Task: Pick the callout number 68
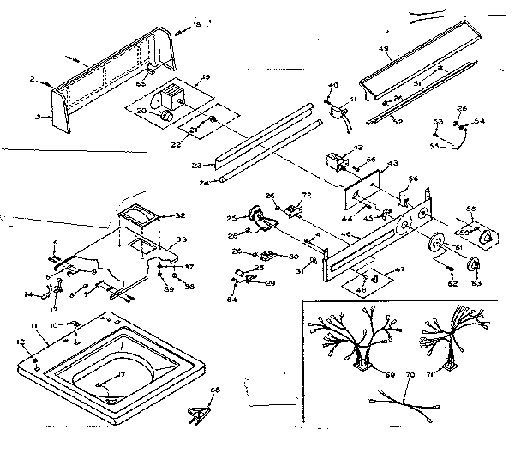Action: [x=216, y=390]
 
